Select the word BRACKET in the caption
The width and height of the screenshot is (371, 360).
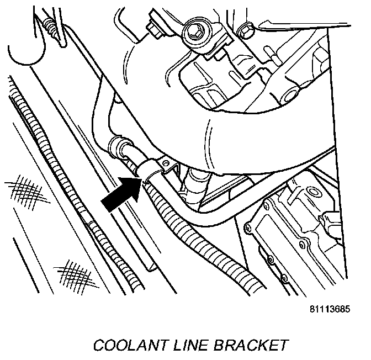tap(252, 345)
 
